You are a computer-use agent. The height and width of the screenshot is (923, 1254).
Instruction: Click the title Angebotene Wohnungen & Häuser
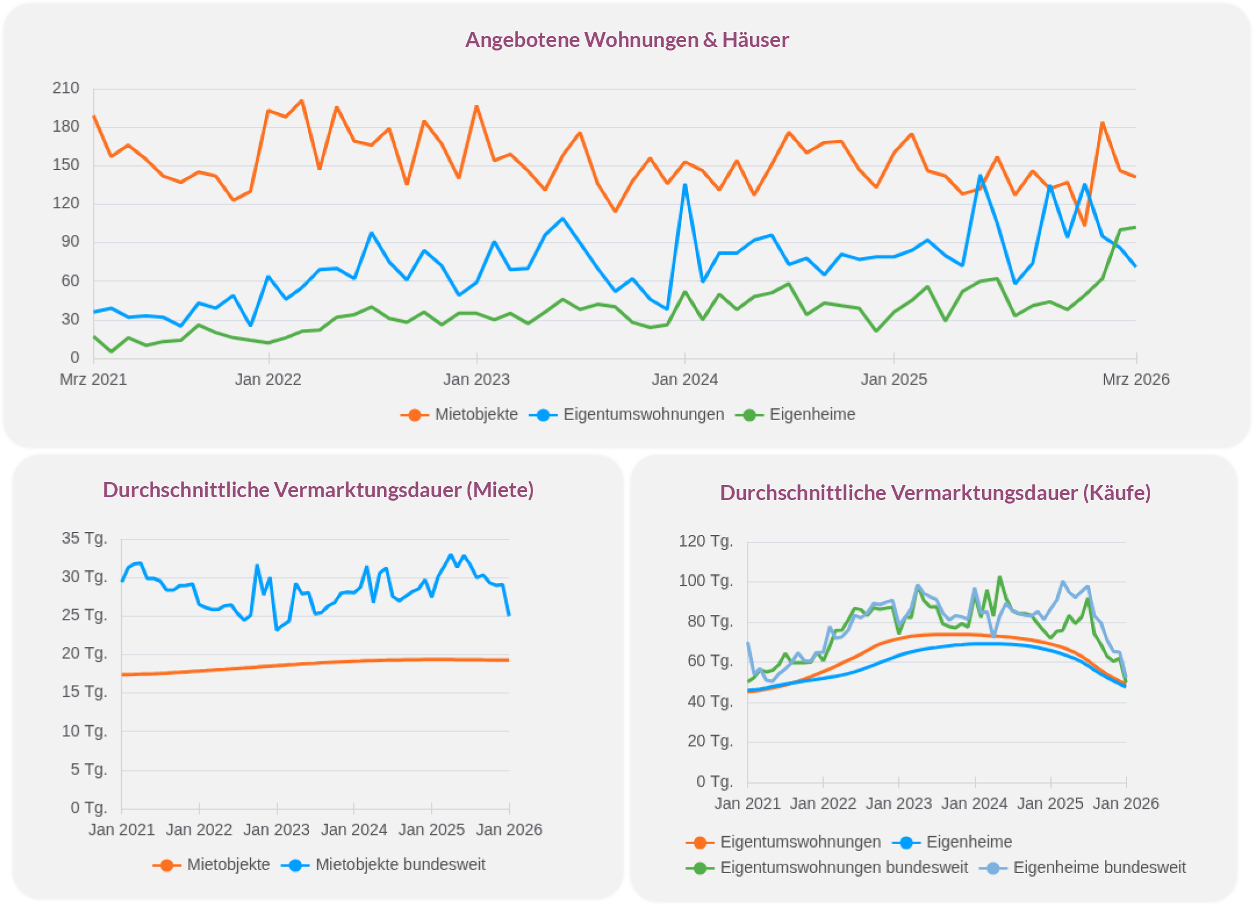point(626,40)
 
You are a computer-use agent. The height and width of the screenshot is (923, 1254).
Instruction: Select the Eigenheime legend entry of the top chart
point(811,414)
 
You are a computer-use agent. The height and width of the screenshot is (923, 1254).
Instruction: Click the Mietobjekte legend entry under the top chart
point(476,414)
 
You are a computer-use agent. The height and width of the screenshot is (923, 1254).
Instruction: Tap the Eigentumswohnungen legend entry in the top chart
point(643,414)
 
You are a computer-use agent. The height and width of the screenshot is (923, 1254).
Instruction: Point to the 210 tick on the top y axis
point(66,88)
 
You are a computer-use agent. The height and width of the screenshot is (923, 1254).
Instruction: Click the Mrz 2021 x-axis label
point(93,379)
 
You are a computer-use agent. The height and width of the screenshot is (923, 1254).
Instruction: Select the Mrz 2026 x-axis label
point(1135,379)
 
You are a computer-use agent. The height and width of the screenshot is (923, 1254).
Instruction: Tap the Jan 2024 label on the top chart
point(684,379)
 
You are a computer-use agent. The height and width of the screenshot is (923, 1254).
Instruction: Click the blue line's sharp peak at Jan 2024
point(685,185)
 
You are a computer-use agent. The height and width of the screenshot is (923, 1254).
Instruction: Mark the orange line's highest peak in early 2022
point(302,101)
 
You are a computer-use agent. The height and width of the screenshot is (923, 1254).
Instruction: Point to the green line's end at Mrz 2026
point(1135,227)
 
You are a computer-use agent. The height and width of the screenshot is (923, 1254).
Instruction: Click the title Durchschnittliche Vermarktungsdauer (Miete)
point(318,490)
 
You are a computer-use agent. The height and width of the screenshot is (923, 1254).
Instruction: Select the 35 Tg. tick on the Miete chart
point(85,538)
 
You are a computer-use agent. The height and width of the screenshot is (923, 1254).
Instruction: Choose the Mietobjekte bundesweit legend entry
point(400,864)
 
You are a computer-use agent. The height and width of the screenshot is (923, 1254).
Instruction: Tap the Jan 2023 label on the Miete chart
point(276,830)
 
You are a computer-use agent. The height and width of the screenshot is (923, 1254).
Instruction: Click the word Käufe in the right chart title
point(1117,493)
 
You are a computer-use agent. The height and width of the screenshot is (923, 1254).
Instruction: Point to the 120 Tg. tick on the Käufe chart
point(706,541)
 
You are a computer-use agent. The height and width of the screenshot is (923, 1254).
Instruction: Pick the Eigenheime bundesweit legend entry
point(1099,867)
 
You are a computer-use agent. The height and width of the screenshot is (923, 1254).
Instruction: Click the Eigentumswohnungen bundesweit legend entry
point(843,867)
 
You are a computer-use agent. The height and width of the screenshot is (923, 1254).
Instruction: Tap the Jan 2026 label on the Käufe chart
point(1125,803)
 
